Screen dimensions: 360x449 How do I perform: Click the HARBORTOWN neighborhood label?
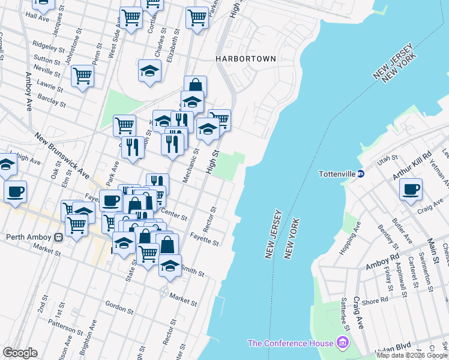(x=246, y=59)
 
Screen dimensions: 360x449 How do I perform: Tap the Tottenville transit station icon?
(x=361, y=174)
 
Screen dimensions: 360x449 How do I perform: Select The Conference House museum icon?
(x=343, y=343)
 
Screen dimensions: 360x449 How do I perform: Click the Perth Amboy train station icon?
(x=59, y=236)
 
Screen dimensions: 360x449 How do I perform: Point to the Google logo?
(x=20, y=353)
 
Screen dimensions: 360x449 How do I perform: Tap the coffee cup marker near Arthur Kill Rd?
(x=411, y=190)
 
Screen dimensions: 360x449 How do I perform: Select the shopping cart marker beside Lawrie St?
(x=82, y=76)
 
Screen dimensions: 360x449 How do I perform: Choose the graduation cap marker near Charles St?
(x=149, y=71)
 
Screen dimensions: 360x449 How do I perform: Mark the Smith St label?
(x=192, y=272)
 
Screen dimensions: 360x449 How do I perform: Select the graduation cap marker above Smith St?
(x=170, y=265)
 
